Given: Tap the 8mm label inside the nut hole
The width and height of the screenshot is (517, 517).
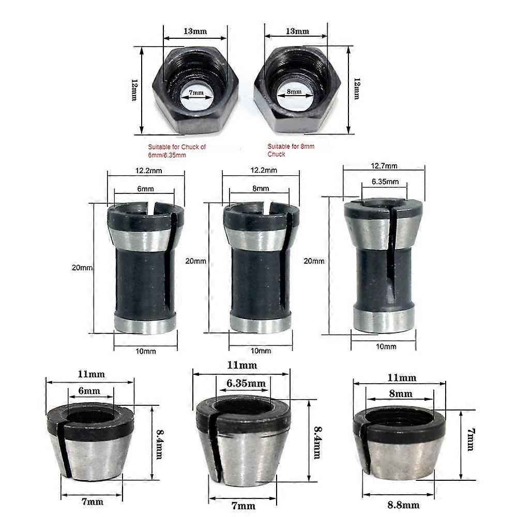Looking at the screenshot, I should coord(294,92).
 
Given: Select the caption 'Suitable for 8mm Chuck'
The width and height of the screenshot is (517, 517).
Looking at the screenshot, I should coord(291,150).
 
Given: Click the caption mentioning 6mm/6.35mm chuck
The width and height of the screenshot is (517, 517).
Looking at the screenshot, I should coord(177,150).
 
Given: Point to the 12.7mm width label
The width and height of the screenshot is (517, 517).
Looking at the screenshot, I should coord(384,166).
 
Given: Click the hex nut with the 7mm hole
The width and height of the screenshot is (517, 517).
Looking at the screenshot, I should coord(195,90).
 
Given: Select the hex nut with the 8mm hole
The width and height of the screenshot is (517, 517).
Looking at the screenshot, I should coord(297,90).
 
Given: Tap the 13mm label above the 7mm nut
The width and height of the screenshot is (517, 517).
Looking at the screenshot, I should coord(195,31).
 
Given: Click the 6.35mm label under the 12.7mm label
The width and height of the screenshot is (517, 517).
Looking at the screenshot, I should coord(385,181).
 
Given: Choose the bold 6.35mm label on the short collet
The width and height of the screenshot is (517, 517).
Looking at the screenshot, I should coord(246,383).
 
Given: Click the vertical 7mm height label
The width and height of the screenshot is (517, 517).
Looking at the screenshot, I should coord(470,439).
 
